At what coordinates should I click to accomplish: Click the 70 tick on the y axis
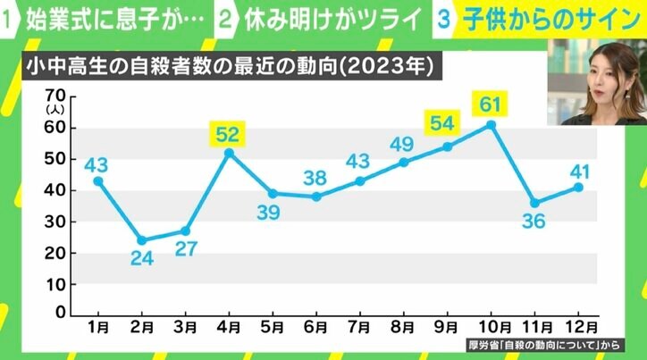coord(55,96)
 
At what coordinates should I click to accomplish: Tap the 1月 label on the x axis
coord(98,327)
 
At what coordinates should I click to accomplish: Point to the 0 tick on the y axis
coord(62,314)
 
